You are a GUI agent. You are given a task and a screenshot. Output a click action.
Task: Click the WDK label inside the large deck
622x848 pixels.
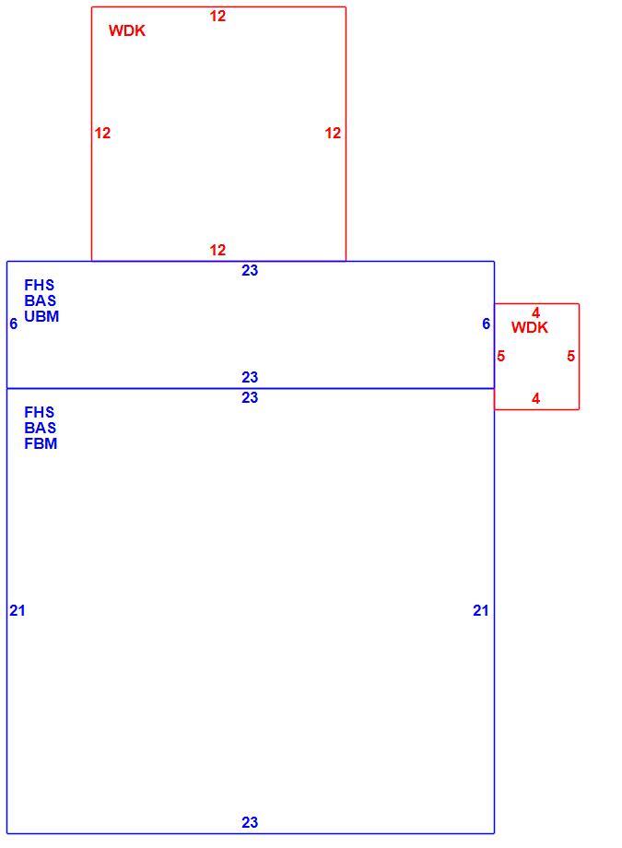pos(126,30)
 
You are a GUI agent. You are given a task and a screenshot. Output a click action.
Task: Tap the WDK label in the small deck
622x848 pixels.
pos(529,327)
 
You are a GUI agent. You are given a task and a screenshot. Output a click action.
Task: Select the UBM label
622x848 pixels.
pos(41,316)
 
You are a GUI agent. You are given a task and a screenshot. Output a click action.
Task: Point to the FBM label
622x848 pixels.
pos(41,443)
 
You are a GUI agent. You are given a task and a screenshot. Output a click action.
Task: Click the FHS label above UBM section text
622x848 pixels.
pos(39,285)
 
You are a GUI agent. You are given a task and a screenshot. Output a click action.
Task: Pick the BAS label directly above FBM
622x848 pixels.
pos(40,428)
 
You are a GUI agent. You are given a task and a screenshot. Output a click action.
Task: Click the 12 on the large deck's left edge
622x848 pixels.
pos(102,133)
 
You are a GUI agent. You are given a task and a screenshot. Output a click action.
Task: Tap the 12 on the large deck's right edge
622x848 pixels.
pos(333,133)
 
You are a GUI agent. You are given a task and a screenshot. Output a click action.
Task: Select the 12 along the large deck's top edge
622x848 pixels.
pos(217,17)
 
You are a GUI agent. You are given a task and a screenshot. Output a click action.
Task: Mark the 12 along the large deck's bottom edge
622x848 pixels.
pos(217,250)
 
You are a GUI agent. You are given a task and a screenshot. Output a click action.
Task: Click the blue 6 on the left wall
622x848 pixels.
pos(14,324)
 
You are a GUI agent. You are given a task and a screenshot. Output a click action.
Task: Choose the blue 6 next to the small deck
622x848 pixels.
pos(486,324)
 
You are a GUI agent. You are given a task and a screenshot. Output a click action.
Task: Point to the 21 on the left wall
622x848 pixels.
pos(17,610)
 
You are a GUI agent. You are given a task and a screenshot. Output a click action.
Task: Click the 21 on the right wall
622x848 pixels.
pos(480,610)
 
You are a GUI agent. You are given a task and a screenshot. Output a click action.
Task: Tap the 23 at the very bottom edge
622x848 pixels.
pos(250,822)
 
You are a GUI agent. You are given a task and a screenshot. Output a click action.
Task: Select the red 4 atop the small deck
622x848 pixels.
pos(535,312)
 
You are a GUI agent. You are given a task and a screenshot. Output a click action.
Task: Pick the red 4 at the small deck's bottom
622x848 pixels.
pos(535,398)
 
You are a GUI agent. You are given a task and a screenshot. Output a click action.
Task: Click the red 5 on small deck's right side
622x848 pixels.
pos(570,356)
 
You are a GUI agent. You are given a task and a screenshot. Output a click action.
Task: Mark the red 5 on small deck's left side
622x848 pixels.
pos(501,356)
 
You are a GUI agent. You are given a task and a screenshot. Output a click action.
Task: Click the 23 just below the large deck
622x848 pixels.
pos(250,270)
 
